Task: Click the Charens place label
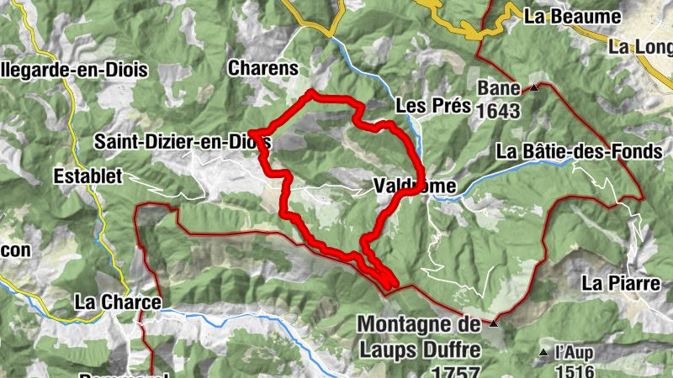(x=262, y=68)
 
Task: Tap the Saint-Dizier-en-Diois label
(x=182, y=141)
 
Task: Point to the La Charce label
(x=117, y=301)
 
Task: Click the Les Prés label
(x=432, y=107)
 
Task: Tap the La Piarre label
(x=621, y=283)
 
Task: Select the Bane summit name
(x=499, y=88)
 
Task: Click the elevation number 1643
(x=499, y=110)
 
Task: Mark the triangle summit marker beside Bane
(x=533, y=87)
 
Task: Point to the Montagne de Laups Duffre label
(x=420, y=335)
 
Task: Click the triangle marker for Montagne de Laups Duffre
(x=495, y=323)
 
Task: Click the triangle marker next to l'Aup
(x=543, y=351)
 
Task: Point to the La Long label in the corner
(x=641, y=47)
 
